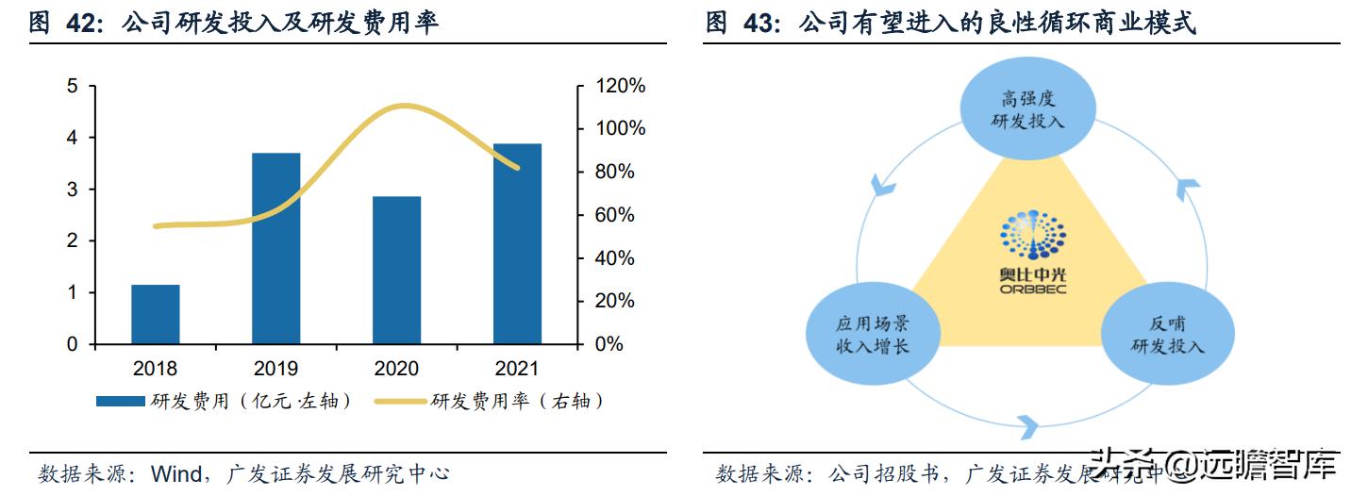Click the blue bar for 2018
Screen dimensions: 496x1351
(155, 314)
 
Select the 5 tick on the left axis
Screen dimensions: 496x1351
(72, 86)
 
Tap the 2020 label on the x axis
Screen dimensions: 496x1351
(396, 369)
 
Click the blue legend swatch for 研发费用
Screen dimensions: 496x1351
(122, 402)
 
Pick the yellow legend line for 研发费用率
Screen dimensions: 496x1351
(401, 402)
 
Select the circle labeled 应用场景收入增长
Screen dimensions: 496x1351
(872, 335)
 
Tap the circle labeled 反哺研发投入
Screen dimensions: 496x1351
(1167, 335)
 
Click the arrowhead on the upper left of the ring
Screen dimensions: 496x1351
(883, 185)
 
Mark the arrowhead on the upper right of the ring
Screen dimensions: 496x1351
(1187, 189)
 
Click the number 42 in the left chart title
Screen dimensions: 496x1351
(83, 24)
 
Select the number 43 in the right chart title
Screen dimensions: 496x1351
(761, 24)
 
